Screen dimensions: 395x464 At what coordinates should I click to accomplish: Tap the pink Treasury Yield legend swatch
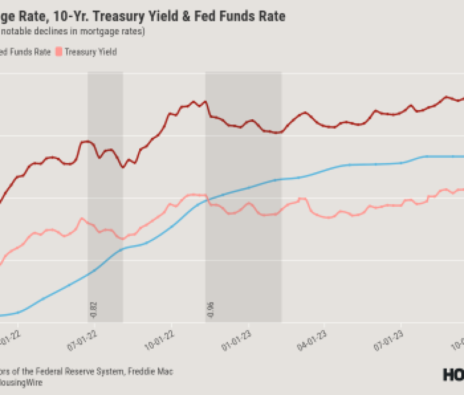point(59,52)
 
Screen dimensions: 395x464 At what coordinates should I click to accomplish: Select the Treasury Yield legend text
point(91,52)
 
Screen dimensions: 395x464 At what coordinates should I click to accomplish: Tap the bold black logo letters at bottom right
point(453,375)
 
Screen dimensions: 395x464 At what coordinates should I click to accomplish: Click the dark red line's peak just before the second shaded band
point(194,101)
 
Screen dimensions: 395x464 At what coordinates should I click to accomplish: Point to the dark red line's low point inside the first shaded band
point(122,167)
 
